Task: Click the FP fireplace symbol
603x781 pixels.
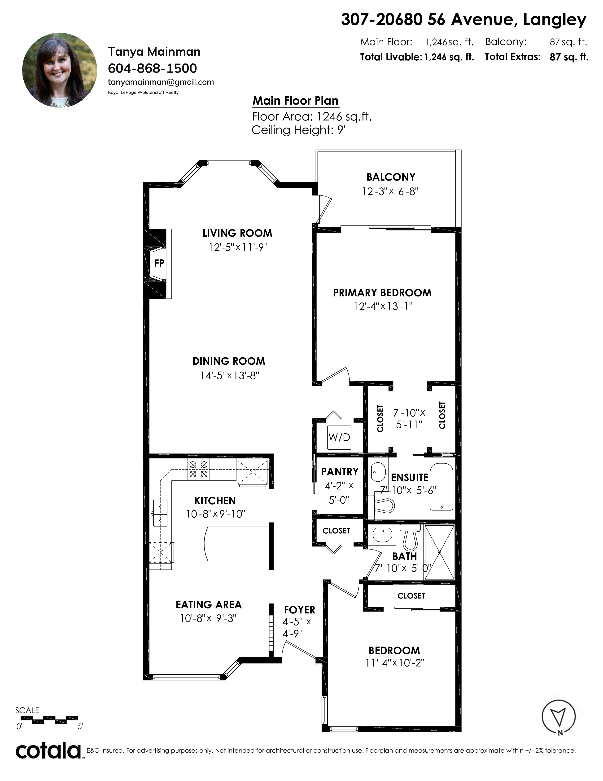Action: click(x=159, y=264)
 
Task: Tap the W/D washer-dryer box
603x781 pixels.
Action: click(x=339, y=437)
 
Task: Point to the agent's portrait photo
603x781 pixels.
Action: click(x=60, y=70)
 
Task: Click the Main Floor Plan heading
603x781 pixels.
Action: click(x=295, y=101)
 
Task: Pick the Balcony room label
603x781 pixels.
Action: click(x=391, y=177)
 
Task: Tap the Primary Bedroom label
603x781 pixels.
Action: click(x=382, y=293)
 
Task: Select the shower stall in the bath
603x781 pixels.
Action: click(x=440, y=552)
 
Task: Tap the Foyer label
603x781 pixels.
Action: click(x=300, y=610)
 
